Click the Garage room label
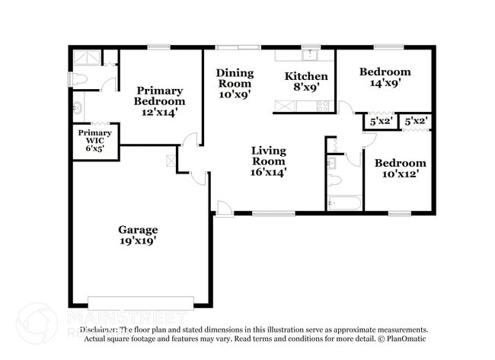[138, 234]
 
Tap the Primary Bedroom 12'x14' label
[159, 100]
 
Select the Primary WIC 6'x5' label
[94, 141]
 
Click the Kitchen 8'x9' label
[306, 81]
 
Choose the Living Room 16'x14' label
[268, 161]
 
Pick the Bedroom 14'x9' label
[385, 77]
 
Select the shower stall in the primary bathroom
[86, 57]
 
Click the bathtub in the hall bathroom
[343, 203]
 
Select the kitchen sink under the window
[310, 55]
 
